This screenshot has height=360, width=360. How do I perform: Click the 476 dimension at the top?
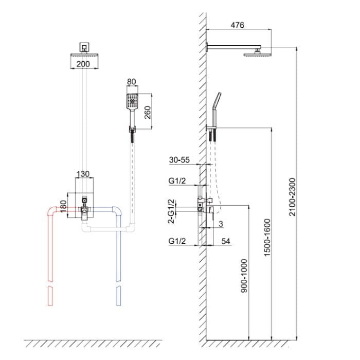[x=238, y=25]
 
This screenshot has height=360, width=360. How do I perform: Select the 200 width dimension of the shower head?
[x=83, y=64]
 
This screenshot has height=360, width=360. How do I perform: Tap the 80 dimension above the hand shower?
[x=132, y=81]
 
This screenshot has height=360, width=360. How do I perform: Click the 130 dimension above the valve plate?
[x=83, y=174]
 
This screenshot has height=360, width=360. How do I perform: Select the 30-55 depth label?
[x=179, y=160]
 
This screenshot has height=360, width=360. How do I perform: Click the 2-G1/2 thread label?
[x=171, y=211]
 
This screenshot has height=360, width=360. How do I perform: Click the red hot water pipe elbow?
[x=51, y=212]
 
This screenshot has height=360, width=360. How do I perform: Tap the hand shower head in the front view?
[x=132, y=101]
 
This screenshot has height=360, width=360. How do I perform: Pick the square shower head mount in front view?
[x=83, y=47]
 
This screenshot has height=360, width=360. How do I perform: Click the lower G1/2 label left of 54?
[x=177, y=240]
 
